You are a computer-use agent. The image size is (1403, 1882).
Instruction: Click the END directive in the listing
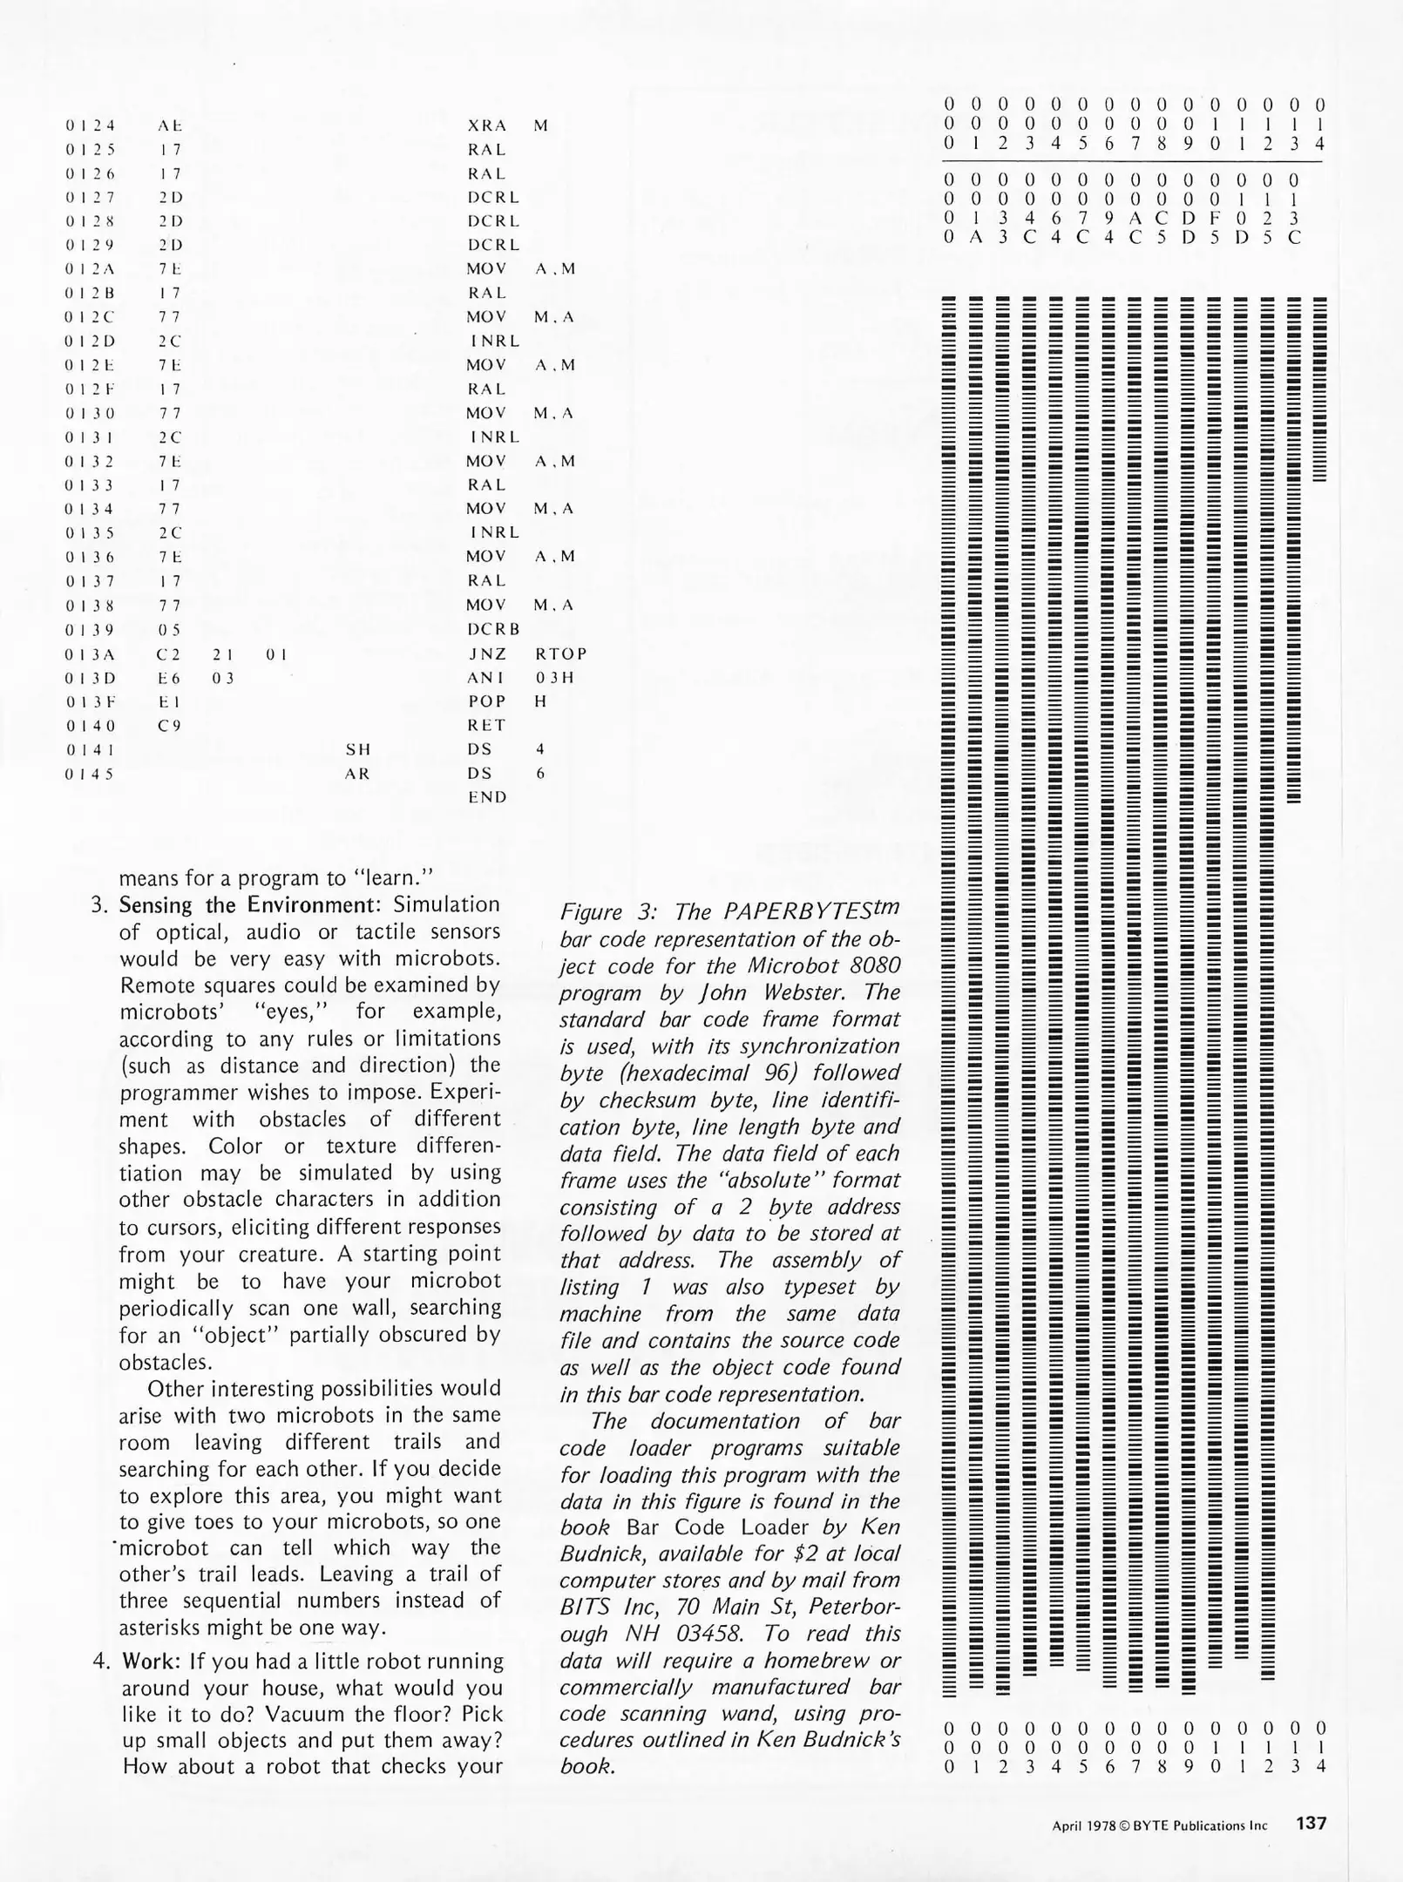coord(487,797)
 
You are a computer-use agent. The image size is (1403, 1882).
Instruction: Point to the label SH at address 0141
coord(358,749)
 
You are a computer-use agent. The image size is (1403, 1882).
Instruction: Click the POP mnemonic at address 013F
coord(486,701)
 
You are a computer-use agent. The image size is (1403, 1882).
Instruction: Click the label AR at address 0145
coord(358,774)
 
